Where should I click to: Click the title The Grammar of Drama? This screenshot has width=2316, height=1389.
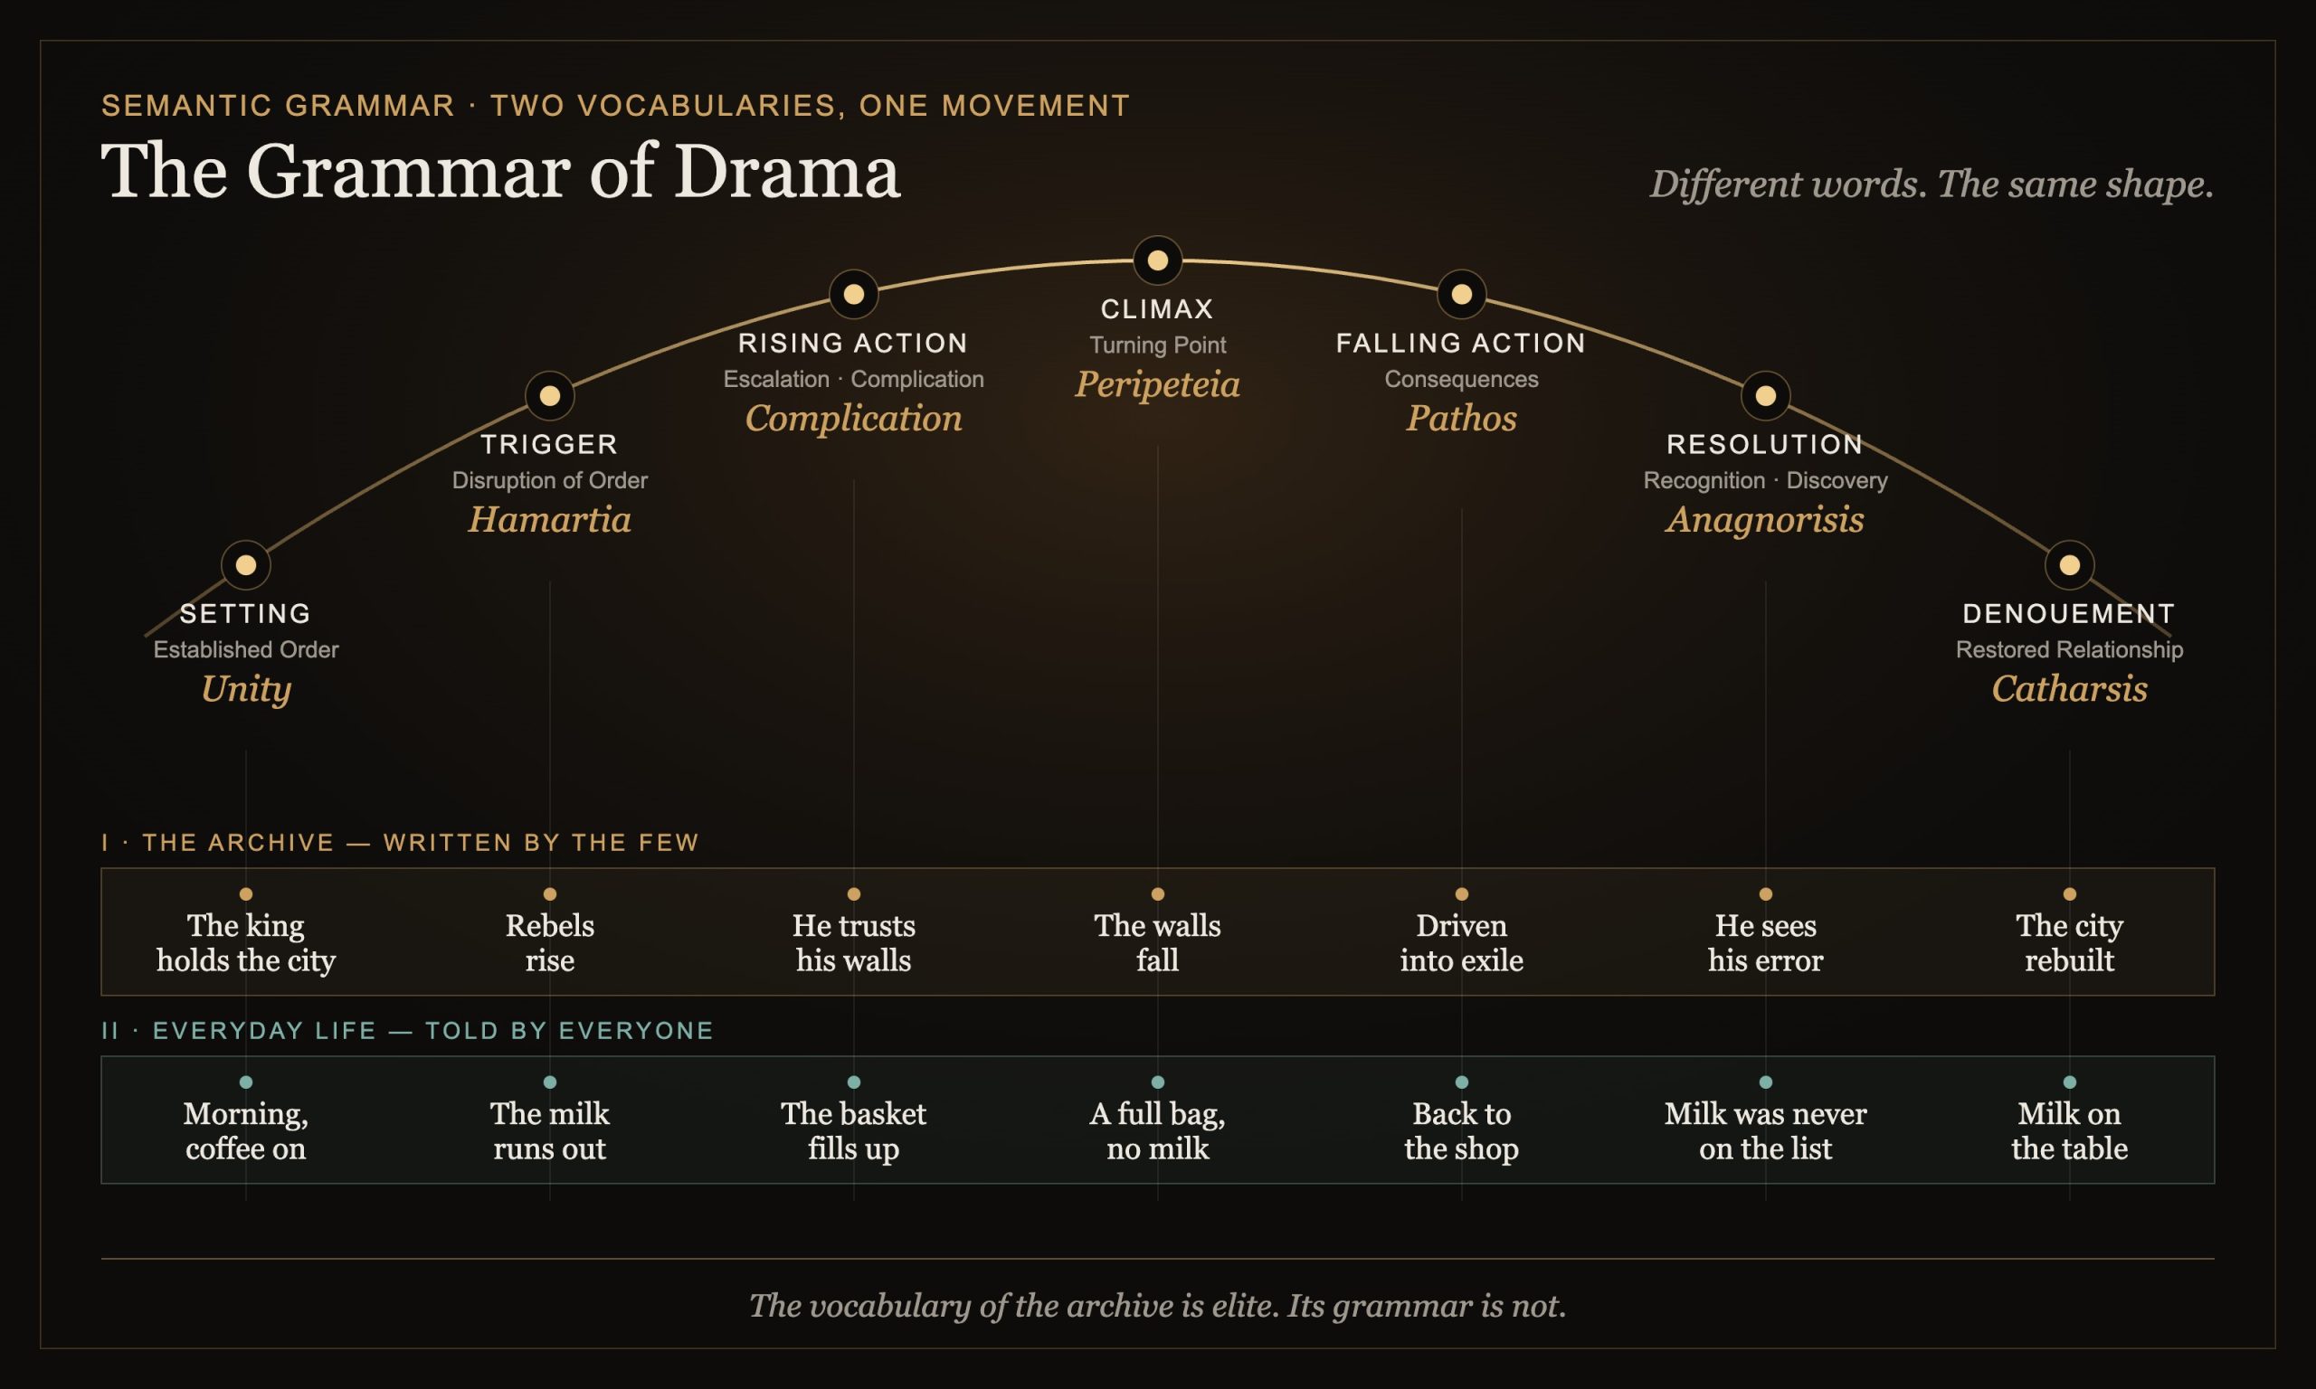(x=501, y=171)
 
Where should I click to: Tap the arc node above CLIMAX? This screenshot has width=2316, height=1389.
(x=1158, y=260)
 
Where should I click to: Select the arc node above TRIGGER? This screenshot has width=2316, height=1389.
(x=549, y=396)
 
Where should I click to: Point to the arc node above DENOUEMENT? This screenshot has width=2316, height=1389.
(x=2070, y=565)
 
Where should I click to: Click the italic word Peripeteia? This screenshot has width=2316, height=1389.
(x=1158, y=384)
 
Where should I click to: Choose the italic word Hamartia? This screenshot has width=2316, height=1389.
(x=549, y=519)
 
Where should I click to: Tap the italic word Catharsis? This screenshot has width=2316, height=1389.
(x=2070, y=689)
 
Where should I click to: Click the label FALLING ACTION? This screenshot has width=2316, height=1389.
(x=1461, y=344)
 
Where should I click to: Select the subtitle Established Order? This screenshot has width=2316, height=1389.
(x=246, y=649)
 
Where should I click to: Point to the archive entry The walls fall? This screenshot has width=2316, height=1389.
(x=1158, y=943)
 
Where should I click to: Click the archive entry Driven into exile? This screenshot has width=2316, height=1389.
(x=1461, y=943)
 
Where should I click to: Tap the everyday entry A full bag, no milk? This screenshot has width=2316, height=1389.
(x=1158, y=1131)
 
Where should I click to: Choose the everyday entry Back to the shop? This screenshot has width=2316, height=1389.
(x=1461, y=1131)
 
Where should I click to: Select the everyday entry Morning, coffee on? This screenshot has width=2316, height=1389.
(x=246, y=1131)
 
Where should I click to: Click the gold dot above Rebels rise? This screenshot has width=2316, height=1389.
(x=549, y=893)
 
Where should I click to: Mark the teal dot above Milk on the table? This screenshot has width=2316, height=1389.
(x=2070, y=1082)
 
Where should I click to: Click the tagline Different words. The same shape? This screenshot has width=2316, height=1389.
(x=1932, y=184)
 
